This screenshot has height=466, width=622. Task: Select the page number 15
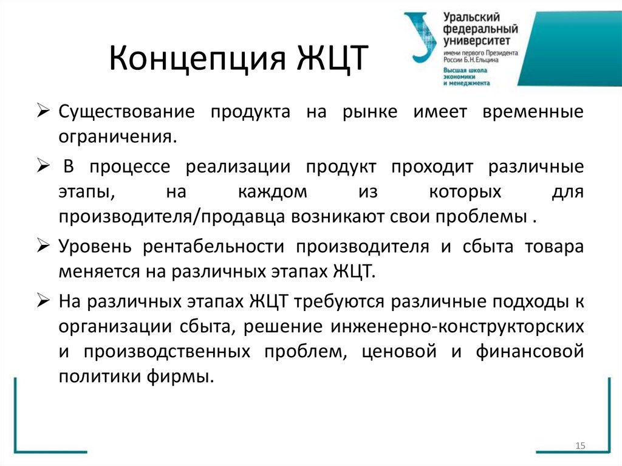(x=579, y=447)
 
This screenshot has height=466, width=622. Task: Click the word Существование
(x=127, y=112)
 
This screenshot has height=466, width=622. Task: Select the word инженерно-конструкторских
(x=458, y=326)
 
